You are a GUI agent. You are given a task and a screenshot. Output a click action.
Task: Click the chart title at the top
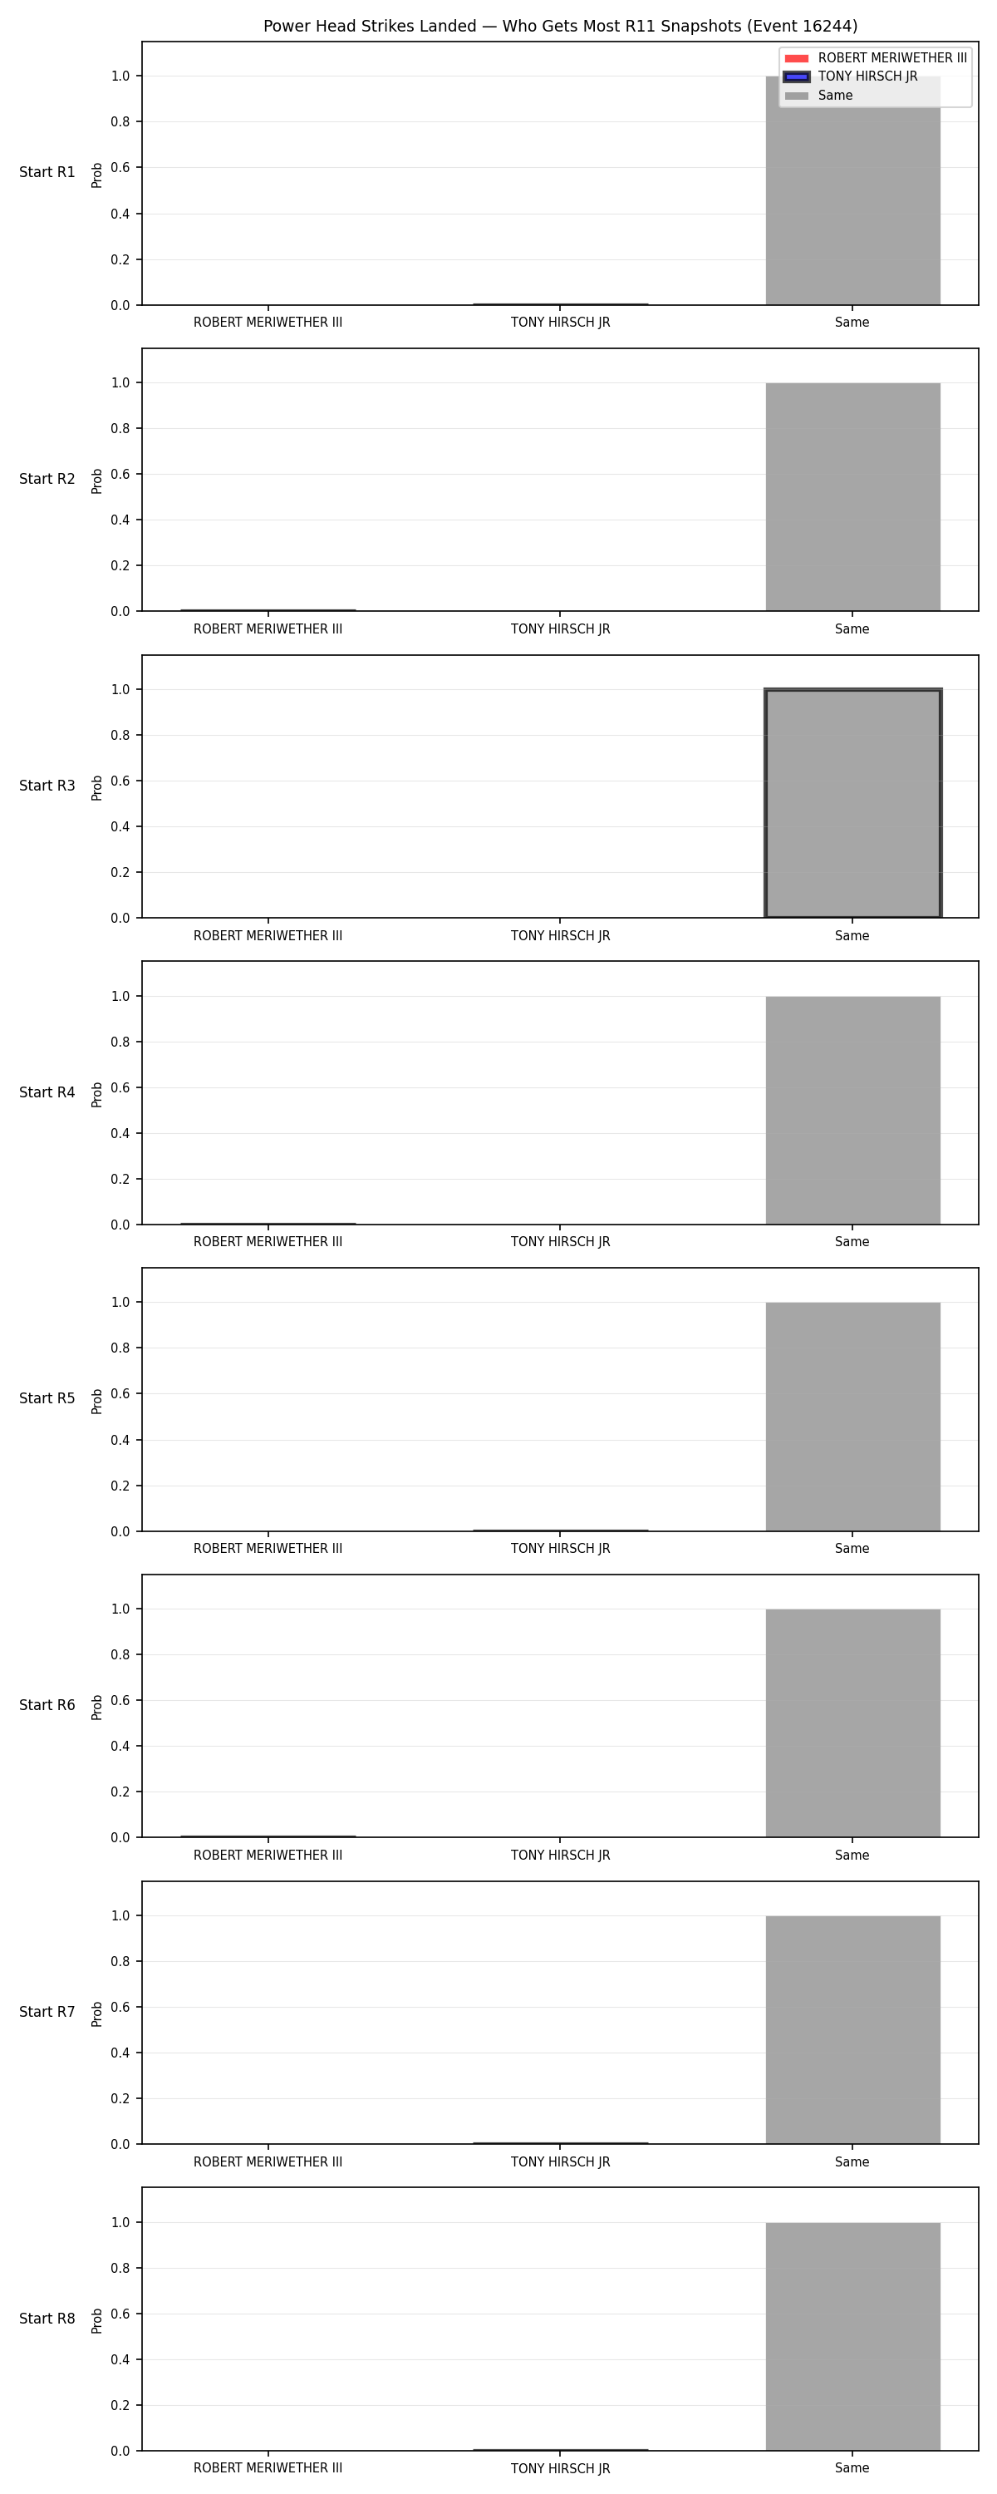561,26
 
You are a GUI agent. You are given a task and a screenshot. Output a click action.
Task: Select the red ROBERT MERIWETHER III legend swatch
796,58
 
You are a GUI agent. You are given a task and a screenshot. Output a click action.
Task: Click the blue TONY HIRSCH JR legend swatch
796,76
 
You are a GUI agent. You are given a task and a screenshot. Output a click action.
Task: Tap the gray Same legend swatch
796,96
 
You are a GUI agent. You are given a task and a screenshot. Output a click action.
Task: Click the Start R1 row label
47,172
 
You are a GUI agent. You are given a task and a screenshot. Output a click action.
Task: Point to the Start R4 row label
47,1092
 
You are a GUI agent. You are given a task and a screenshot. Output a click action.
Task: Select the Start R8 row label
47,2318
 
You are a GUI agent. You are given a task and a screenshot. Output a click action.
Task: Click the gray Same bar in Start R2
852,496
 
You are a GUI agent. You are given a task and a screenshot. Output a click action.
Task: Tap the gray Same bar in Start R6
852,1723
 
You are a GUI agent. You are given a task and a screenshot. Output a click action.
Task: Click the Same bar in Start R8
852,2336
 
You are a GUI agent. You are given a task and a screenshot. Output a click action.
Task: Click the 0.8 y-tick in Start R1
120,122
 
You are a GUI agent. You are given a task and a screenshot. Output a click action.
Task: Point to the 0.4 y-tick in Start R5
120,1440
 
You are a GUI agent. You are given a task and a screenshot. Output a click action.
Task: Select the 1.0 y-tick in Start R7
120,1915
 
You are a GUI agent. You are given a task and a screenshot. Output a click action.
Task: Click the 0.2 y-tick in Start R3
120,872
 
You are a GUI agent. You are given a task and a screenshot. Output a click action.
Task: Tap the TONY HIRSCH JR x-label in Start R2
561,629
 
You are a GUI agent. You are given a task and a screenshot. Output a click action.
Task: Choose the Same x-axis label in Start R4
852,1242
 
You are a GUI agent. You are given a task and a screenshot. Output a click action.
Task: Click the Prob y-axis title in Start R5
97,1401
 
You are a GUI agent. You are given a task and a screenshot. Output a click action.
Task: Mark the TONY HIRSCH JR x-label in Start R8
561,2468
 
